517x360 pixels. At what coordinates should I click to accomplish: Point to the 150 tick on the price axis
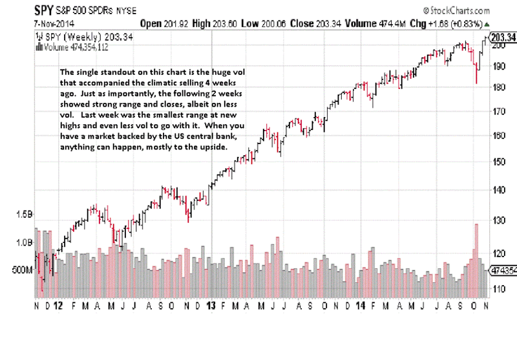coord(498,162)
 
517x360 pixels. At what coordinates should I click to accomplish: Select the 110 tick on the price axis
coord(498,288)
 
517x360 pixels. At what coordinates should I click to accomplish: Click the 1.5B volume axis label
coord(25,214)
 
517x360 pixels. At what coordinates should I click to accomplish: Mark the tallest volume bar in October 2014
coord(476,259)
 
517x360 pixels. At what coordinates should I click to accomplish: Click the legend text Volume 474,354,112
coord(70,47)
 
